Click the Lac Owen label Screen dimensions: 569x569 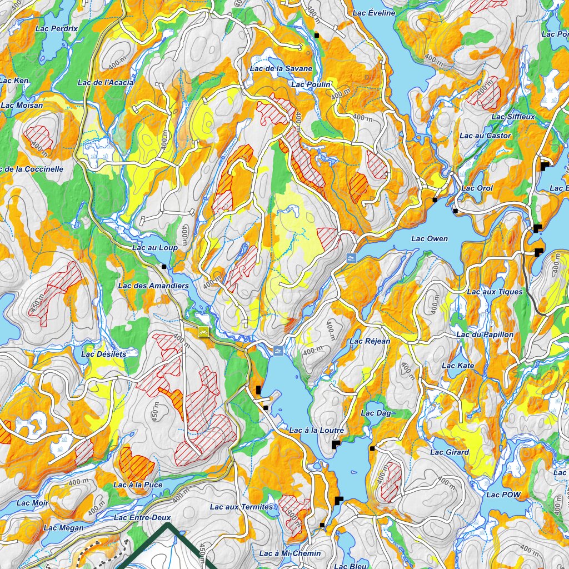tap(429, 239)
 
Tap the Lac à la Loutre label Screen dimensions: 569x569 tap(316, 431)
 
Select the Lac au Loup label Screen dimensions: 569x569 tap(154, 248)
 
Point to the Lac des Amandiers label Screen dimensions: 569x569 tap(153, 286)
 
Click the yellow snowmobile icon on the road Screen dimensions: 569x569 tap(203, 332)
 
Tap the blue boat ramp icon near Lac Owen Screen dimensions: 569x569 tap(351, 257)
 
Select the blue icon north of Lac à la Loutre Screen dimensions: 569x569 tap(278, 351)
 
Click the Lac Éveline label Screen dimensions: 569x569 tap(373, 13)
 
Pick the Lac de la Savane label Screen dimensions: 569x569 tap(281, 68)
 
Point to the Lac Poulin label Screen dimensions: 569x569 tap(311, 84)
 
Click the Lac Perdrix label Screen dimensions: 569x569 tap(56, 28)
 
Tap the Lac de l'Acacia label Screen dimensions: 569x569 tap(106, 83)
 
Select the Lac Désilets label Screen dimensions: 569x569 tap(103, 354)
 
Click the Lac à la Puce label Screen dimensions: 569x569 tap(138, 485)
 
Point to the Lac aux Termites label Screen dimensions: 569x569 tap(241, 507)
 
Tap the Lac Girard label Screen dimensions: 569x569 tap(449, 452)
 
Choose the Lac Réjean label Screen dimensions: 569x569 tap(370, 341)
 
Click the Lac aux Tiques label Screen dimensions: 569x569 tap(495, 292)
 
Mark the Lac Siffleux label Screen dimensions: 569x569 tap(513, 117)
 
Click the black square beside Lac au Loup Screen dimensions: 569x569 tap(164, 267)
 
